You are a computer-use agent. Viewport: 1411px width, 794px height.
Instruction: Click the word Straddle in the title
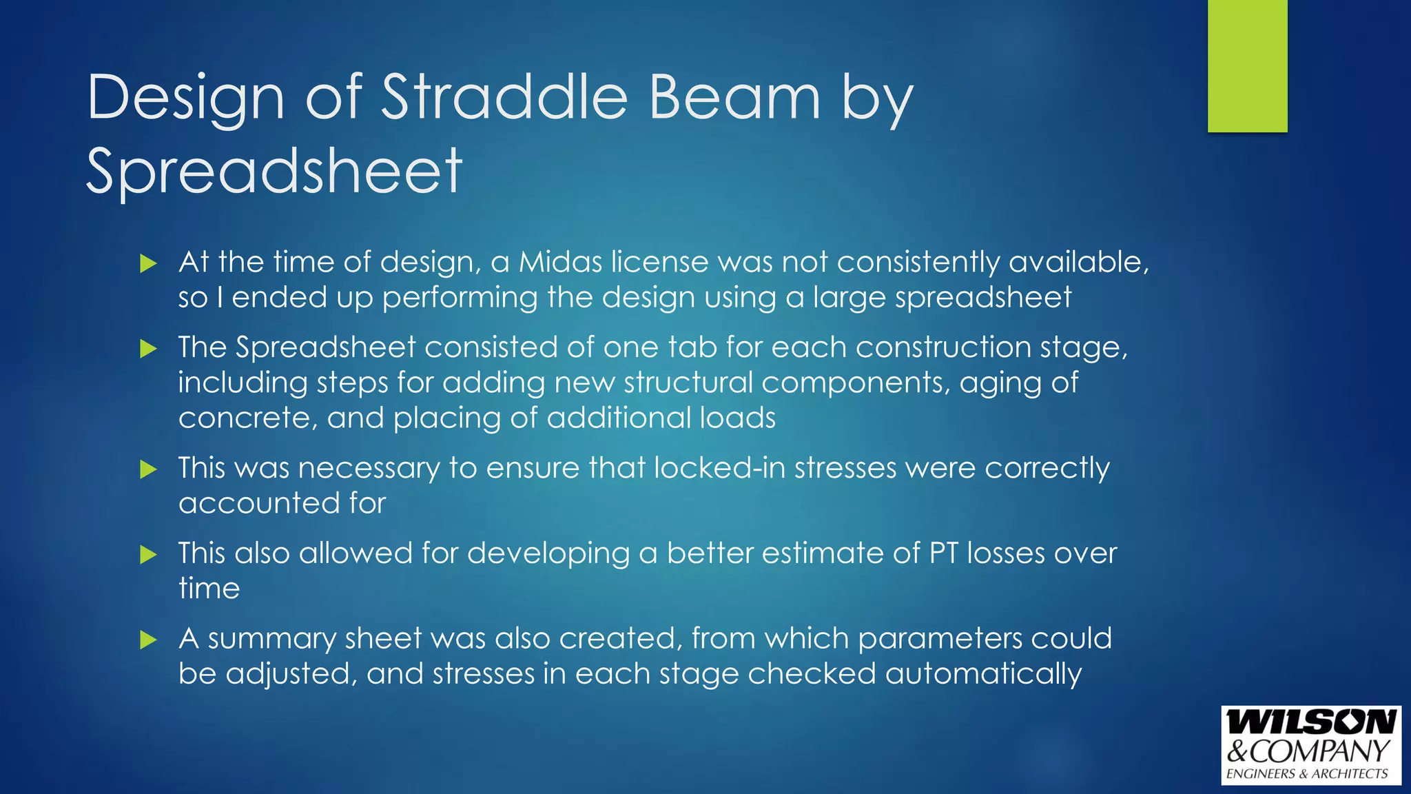pyautogui.click(x=504, y=97)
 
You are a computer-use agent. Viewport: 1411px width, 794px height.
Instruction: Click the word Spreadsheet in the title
pyautogui.click(x=274, y=171)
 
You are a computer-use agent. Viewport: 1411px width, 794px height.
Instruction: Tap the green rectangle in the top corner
pyautogui.click(x=1247, y=66)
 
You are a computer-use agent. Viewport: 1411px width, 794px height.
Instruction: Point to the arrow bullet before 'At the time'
pyautogui.click(x=148, y=263)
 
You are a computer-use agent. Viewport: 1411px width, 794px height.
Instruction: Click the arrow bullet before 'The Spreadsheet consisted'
pyautogui.click(x=148, y=348)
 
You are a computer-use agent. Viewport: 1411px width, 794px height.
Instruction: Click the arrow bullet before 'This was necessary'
pyautogui.click(x=148, y=469)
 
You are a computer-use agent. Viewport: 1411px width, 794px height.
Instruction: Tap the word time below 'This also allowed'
pyautogui.click(x=209, y=589)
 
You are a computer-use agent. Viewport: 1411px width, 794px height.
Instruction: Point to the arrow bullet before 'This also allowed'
pyautogui.click(x=148, y=554)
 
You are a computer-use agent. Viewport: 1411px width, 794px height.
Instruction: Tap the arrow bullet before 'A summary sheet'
pyautogui.click(x=148, y=640)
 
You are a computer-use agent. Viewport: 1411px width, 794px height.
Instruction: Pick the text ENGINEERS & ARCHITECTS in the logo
pyautogui.click(x=1307, y=774)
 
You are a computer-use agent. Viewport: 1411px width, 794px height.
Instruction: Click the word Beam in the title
pyautogui.click(x=735, y=97)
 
